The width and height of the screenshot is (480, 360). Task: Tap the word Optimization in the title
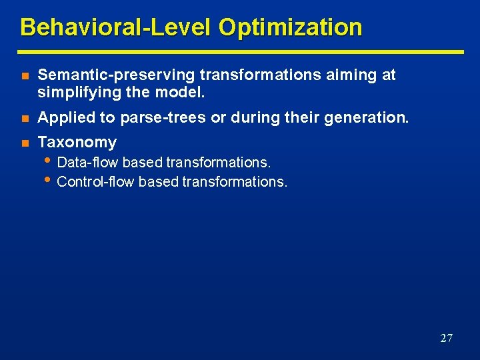pos(290,27)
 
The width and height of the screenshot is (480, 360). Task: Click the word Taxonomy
pos(77,142)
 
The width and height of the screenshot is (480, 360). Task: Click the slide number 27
pos(446,338)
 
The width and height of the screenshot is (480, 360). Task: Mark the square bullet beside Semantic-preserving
pos(24,76)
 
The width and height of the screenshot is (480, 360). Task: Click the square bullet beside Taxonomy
pos(24,143)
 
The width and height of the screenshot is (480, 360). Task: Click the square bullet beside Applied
pos(24,119)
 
